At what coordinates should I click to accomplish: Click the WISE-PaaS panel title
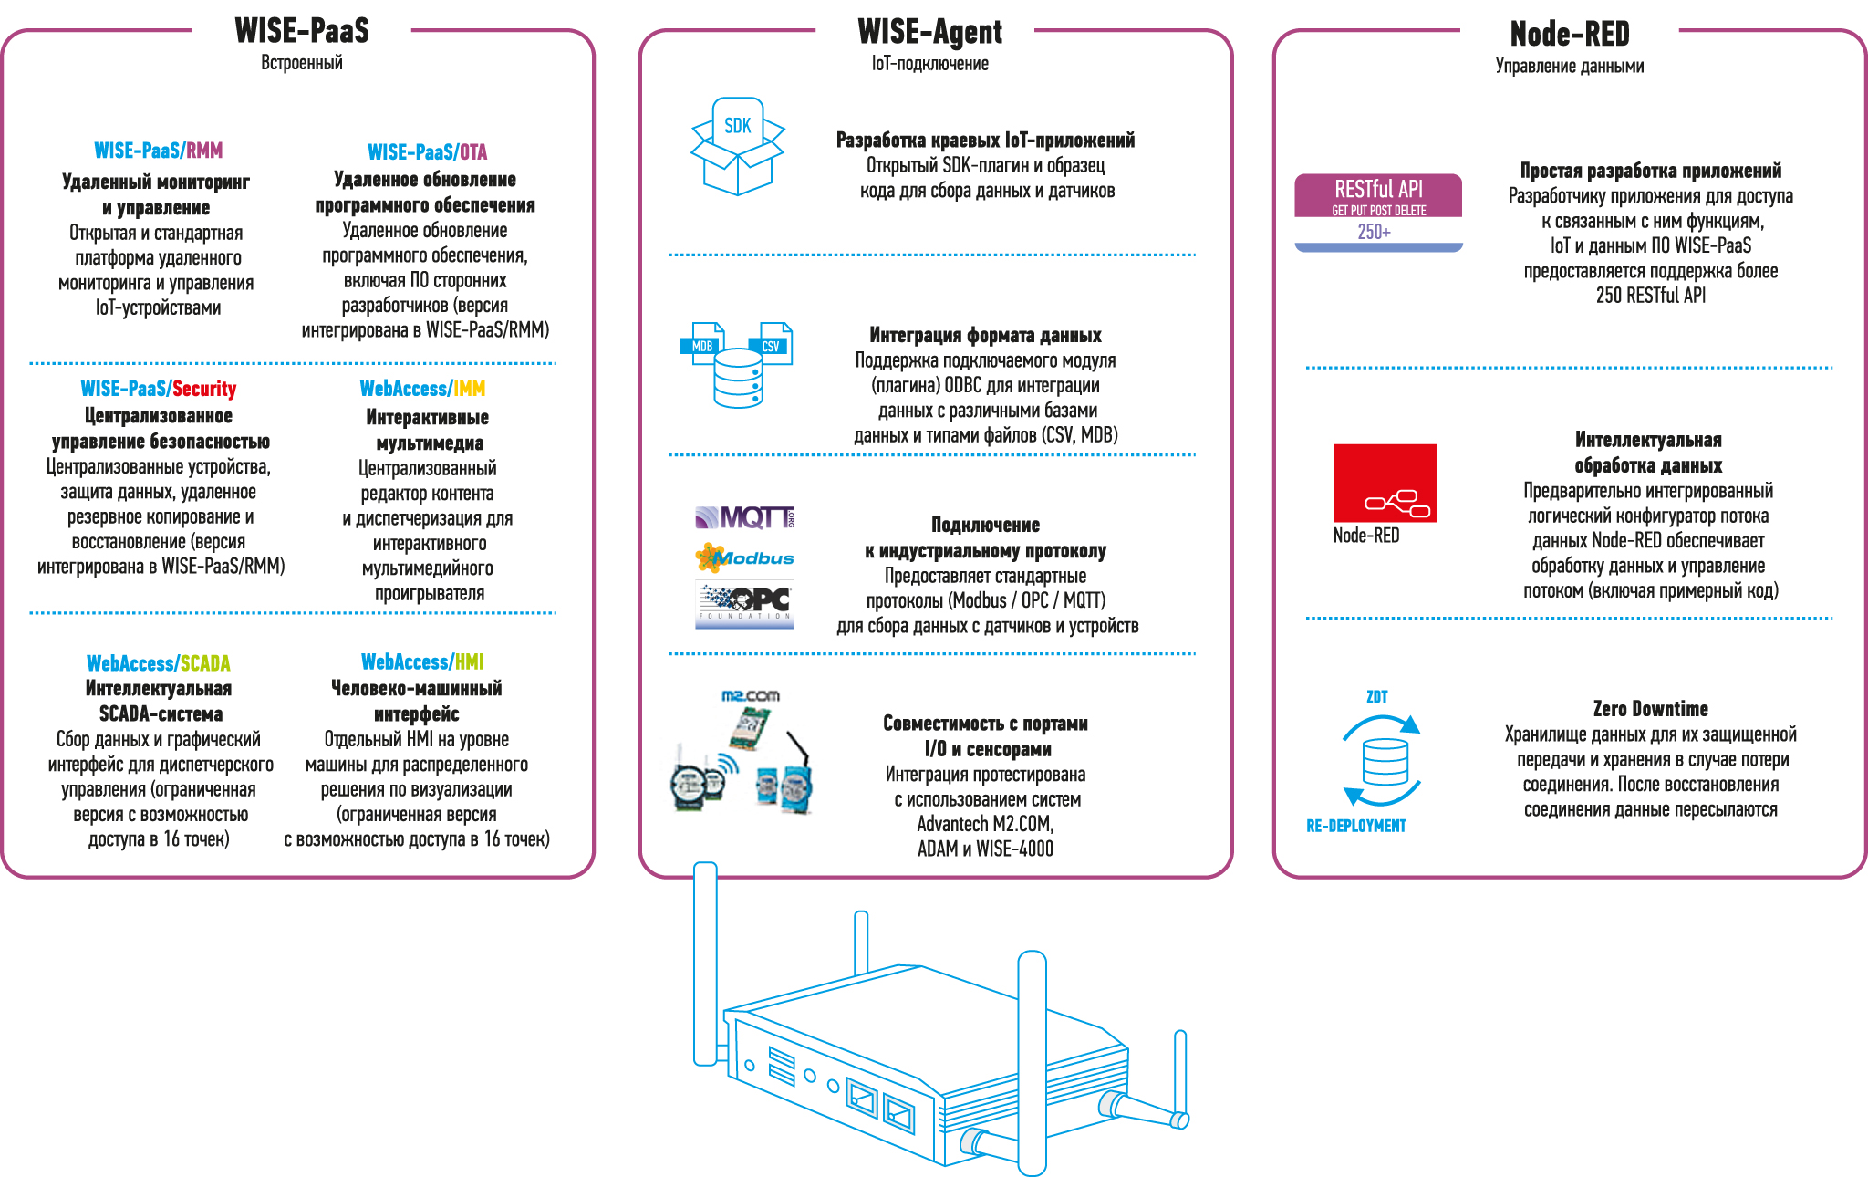[x=302, y=30]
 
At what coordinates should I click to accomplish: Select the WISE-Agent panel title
[x=929, y=32]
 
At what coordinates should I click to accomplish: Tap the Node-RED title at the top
[x=1570, y=34]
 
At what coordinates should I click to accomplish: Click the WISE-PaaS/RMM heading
[x=158, y=151]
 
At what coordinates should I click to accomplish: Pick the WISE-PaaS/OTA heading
[x=427, y=152]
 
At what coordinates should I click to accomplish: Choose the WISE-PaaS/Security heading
[x=158, y=389]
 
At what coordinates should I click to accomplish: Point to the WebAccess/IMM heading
[x=422, y=389]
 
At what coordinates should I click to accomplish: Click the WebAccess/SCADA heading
[x=158, y=663]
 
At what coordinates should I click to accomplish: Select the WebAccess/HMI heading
[x=422, y=661]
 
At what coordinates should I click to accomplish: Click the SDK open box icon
[x=737, y=147]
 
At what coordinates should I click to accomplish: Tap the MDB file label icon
[x=702, y=344]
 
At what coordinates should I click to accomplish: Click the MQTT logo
[x=744, y=518]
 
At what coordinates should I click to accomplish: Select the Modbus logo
[x=744, y=557]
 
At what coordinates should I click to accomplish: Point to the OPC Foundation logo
[x=744, y=605]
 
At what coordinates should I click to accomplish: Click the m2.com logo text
[x=750, y=696]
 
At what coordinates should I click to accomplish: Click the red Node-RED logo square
[x=1385, y=483]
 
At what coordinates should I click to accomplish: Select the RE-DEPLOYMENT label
[x=1356, y=826]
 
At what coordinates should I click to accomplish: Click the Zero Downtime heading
[x=1650, y=709]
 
